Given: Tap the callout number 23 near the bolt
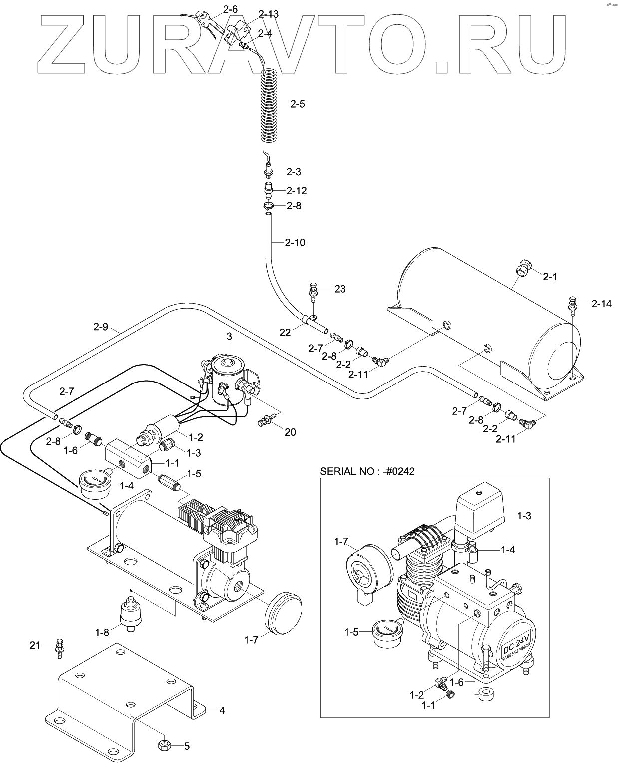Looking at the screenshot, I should (340, 289).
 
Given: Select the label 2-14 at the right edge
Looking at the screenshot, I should (601, 304).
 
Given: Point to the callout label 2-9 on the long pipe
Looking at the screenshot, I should (101, 328).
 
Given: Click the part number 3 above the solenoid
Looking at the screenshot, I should (229, 337).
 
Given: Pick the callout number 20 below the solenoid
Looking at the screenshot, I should (290, 432).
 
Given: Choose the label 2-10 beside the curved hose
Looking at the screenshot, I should (295, 243).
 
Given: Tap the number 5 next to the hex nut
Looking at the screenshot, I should (187, 746).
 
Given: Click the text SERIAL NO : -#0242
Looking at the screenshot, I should (367, 471).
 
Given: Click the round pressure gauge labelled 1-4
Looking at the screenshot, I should (94, 484).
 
